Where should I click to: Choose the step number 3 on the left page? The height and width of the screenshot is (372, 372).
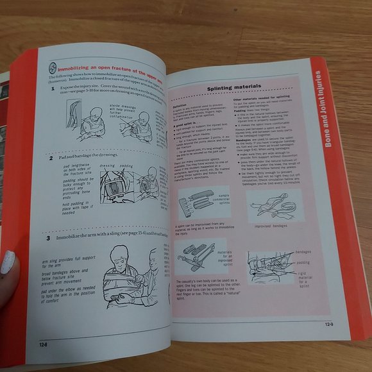(48, 237)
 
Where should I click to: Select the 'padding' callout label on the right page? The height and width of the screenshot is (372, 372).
(303, 262)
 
